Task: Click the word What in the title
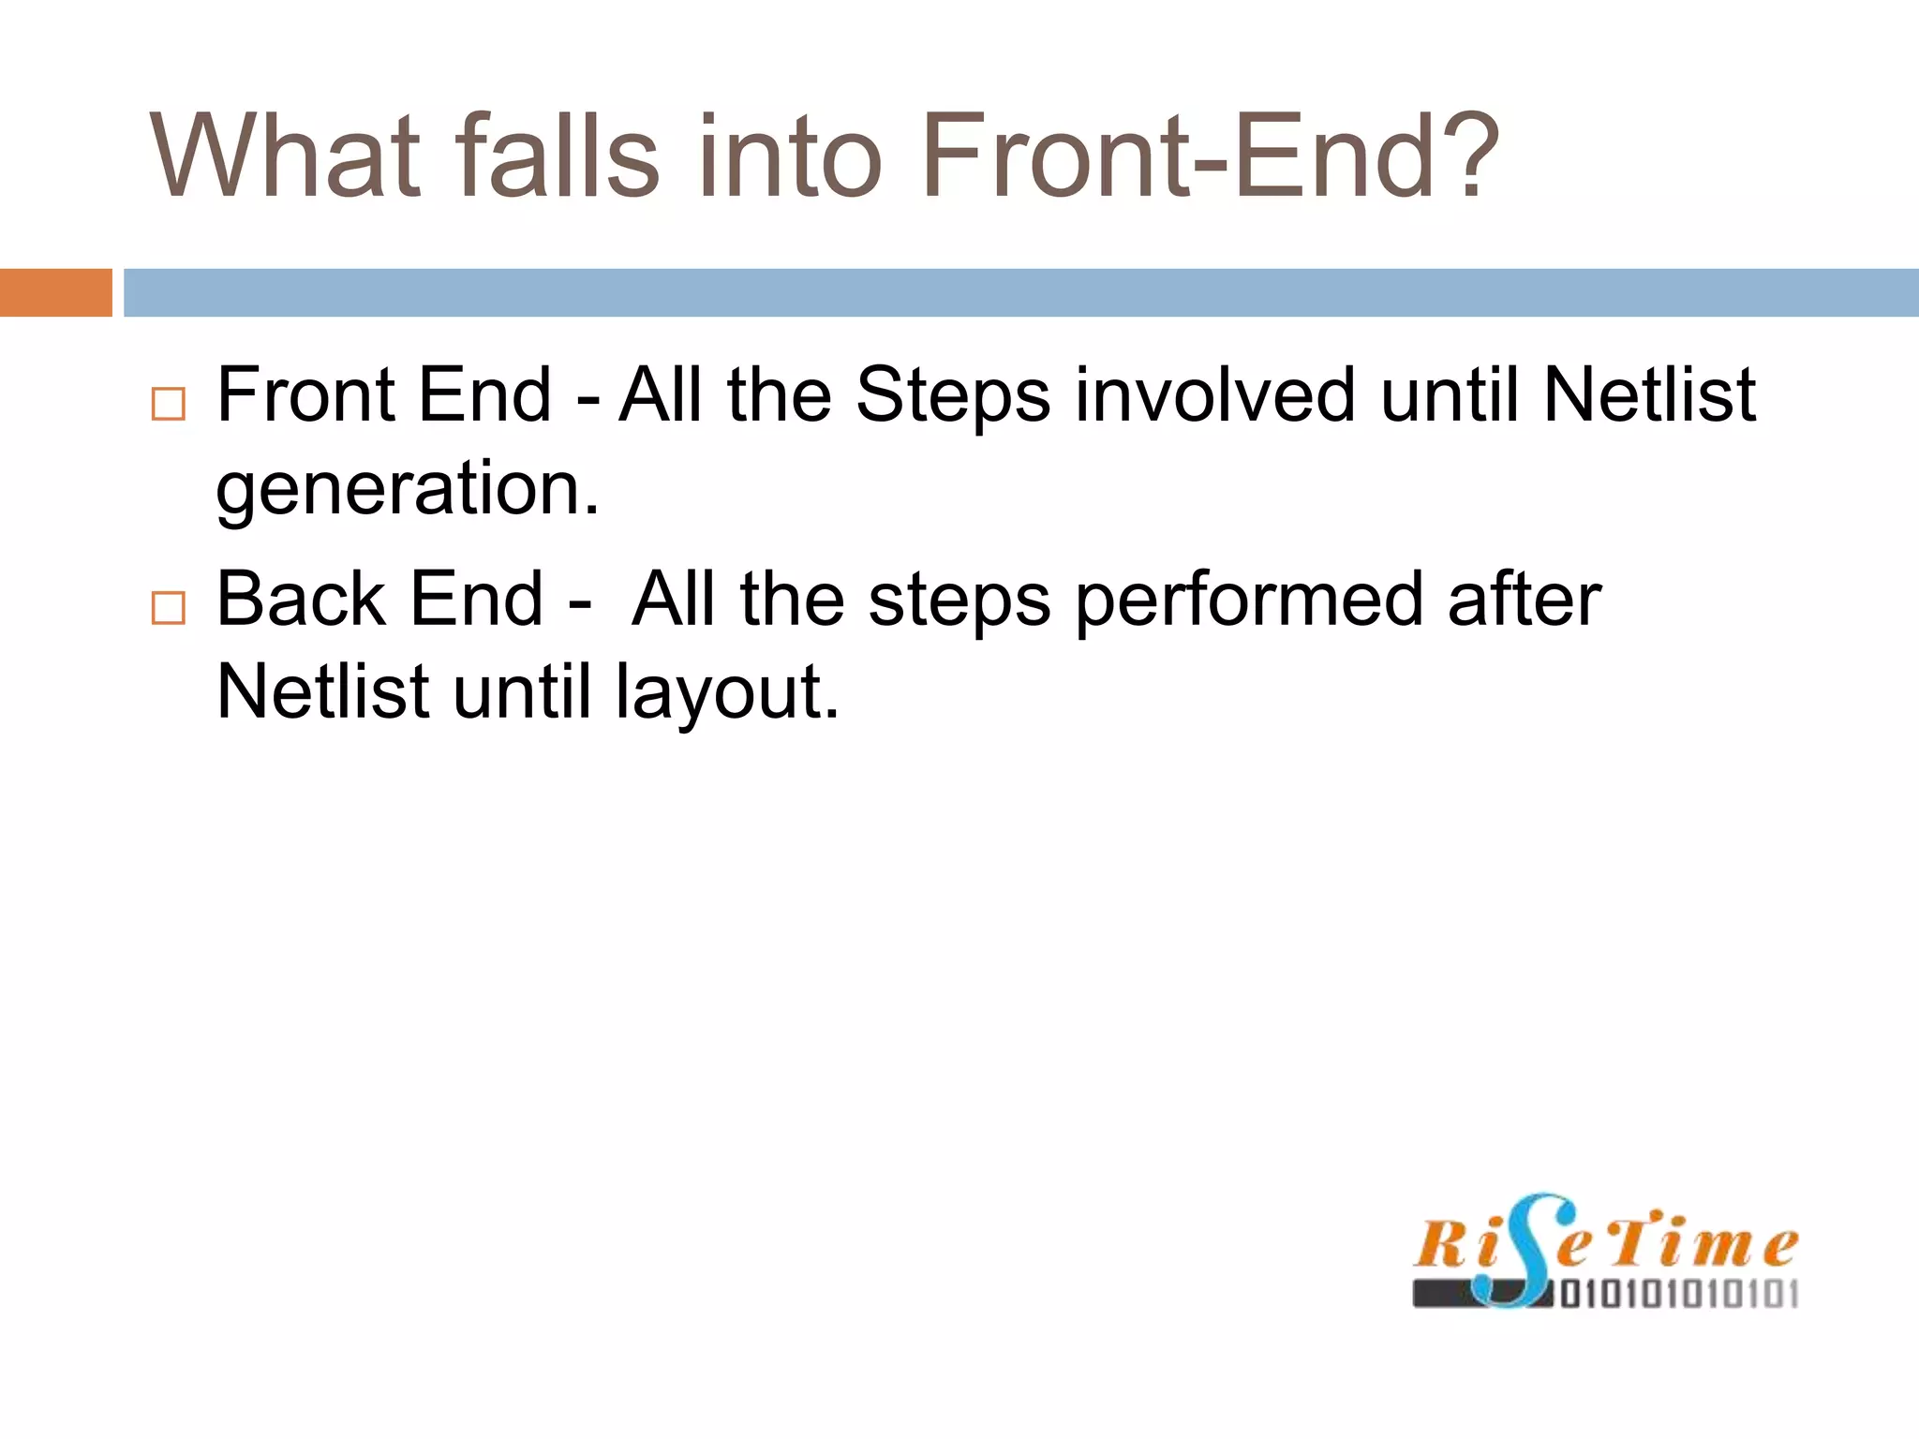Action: pos(286,156)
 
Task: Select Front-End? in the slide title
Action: pos(1210,156)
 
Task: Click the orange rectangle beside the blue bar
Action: pos(55,292)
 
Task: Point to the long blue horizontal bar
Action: pos(1020,292)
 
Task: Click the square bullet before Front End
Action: pos(169,404)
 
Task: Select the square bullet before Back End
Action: pos(169,608)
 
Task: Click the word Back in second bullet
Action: pos(301,599)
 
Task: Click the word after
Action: pos(1524,601)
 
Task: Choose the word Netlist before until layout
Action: pos(323,692)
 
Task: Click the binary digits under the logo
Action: pos(1677,1295)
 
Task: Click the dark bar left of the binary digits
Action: pos(1443,1295)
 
